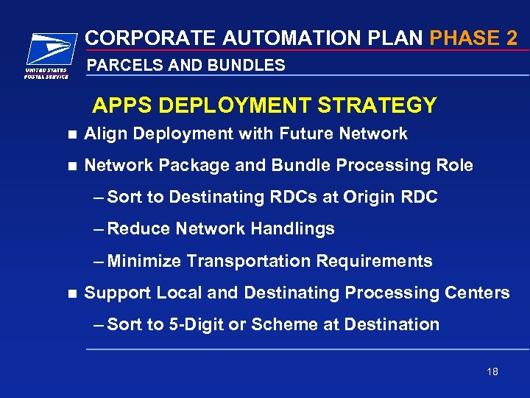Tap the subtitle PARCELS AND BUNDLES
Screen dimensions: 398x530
[x=185, y=66]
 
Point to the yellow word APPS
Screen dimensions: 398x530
[x=122, y=106]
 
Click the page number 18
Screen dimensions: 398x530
[x=492, y=371]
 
